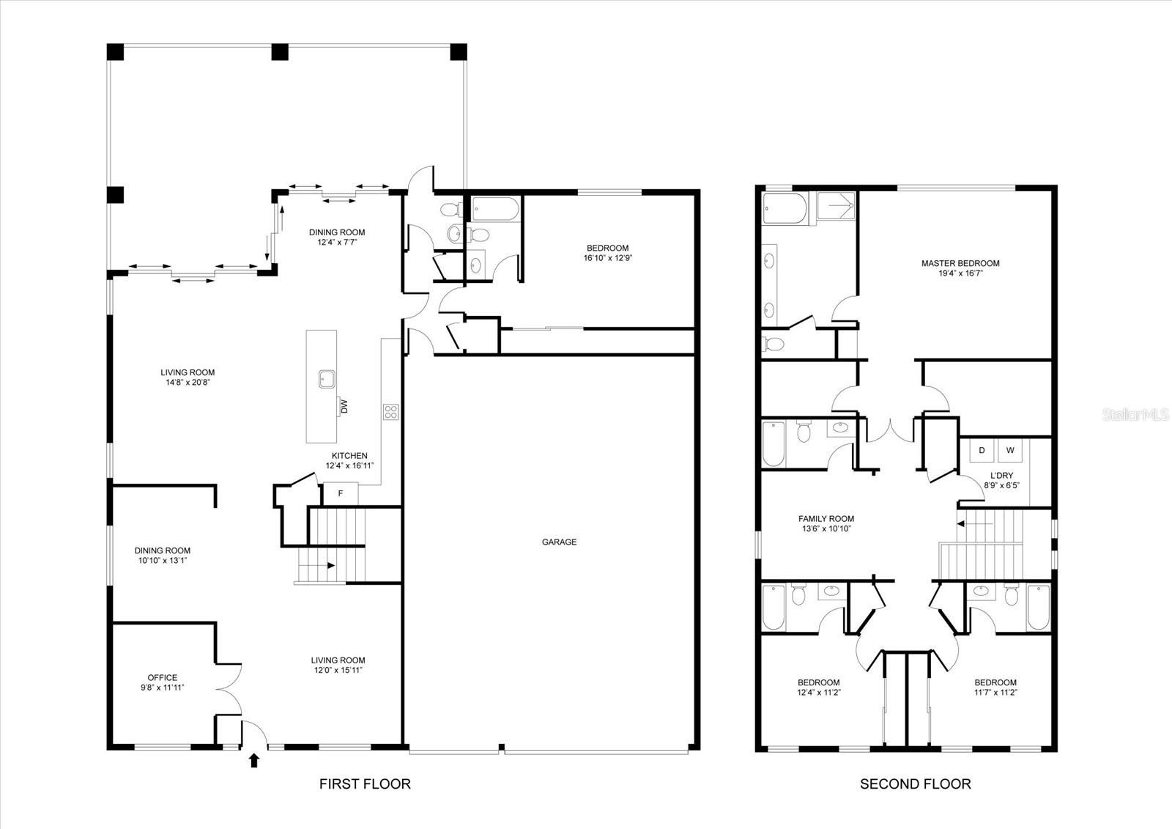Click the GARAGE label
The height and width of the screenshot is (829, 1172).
pyautogui.click(x=559, y=542)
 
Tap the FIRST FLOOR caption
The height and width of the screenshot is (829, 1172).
pyautogui.click(x=365, y=784)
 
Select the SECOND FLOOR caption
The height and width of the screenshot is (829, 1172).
pyautogui.click(x=915, y=784)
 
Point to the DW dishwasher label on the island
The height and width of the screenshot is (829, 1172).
pyautogui.click(x=343, y=406)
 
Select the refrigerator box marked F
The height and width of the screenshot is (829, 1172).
pyautogui.click(x=341, y=494)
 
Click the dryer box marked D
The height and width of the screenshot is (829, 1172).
pyautogui.click(x=982, y=450)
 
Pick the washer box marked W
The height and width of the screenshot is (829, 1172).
pyautogui.click(x=1010, y=450)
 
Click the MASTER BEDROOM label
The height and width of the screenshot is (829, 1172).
pyautogui.click(x=960, y=263)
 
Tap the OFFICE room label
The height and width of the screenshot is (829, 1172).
pyautogui.click(x=162, y=677)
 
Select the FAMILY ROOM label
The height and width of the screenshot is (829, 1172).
pyautogui.click(x=826, y=519)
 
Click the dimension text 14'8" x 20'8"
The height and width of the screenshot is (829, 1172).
pyautogui.click(x=188, y=382)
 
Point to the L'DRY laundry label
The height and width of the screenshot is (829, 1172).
pyautogui.click(x=1001, y=476)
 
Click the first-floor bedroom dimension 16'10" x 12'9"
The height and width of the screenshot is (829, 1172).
pyautogui.click(x=607, y=258)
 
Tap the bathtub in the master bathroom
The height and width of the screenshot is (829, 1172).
pyautogui.click(x=784, y=208)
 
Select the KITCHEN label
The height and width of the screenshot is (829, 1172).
pyautogui.click(x=349, y=456)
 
